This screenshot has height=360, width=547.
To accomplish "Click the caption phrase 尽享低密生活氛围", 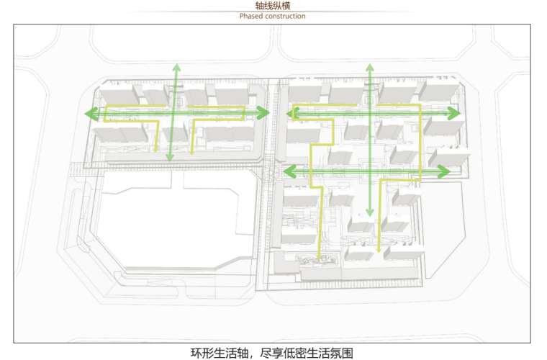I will tap(309, 353).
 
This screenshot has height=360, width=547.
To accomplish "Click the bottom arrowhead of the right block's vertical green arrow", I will tap(369, 213).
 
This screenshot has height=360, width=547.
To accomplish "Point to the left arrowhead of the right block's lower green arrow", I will tap(286, 171).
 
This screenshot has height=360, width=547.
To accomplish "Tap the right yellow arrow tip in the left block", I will tap(193, 150).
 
